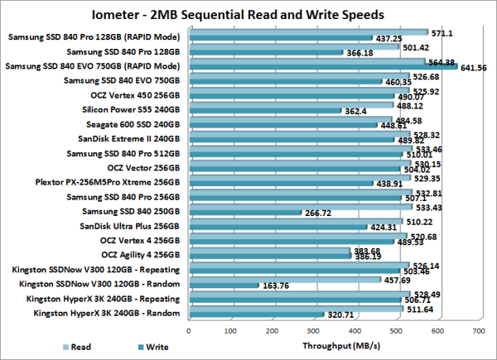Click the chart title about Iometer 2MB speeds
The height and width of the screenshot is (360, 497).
tap(248, 14)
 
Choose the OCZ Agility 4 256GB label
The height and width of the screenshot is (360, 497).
tap(140, 255)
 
